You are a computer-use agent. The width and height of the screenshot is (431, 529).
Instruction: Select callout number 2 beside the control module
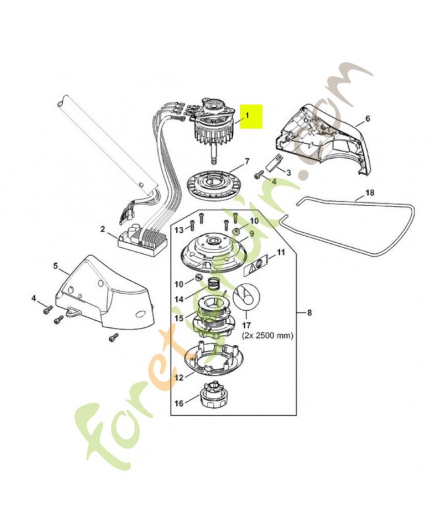[x=102, y=229]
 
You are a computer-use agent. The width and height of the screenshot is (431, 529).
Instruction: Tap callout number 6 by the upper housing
[x=368, y=118]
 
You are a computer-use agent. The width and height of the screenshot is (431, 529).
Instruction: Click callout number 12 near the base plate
[x=178, y=378]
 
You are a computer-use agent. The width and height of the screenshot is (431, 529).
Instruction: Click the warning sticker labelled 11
[x=258, y=265]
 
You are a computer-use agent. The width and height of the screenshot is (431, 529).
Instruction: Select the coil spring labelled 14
[x=214, y=284]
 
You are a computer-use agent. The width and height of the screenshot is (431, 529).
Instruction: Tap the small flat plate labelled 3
[x=276, y=160]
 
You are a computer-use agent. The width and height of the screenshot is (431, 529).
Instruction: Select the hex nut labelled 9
[x=235, y=231]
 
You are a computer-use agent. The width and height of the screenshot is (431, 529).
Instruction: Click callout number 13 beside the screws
[x=178, y=229]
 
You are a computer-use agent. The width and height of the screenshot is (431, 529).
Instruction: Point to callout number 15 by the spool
[x=178, y=317]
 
